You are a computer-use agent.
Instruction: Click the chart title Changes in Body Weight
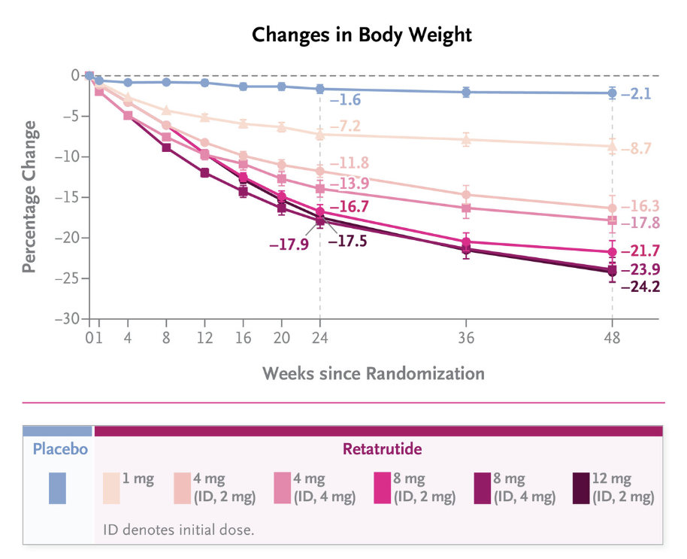362,35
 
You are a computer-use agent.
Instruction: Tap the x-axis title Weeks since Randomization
374,373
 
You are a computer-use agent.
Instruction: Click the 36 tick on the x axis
466,339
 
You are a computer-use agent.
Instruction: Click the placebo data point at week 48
612,93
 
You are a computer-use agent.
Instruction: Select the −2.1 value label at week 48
636,94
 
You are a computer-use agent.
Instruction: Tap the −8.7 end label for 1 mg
637,149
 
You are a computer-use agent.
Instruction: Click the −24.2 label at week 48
640,287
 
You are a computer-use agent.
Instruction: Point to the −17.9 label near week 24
289,244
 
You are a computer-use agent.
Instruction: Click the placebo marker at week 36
466,92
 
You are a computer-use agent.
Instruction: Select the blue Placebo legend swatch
57,488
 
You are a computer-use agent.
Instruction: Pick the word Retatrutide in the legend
382,450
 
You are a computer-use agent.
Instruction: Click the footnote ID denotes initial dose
179,529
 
